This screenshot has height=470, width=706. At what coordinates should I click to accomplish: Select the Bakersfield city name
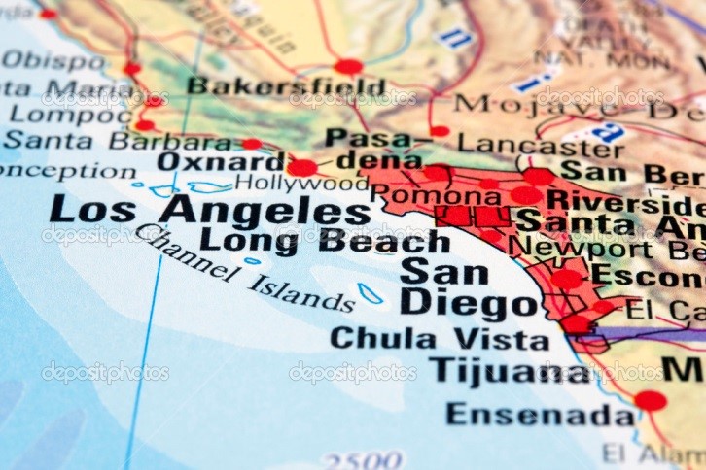pyautogui.click(x=286, y=86)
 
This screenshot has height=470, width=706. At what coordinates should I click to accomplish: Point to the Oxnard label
pyautogui.click(x=208, y=161)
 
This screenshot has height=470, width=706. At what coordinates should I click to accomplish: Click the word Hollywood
pyautogui.click(x=301, y=183)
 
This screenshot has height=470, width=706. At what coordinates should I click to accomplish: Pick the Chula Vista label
pyautogui.click(x=440, y=339)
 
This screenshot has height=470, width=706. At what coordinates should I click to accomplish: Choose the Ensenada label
pyautogui.click(x=541, y=415)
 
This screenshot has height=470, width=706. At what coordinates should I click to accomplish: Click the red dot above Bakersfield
pyautogui.click(x=348, y=66)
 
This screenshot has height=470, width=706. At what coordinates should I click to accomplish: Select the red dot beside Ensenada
pyautogui.click(x=651, y=400)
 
